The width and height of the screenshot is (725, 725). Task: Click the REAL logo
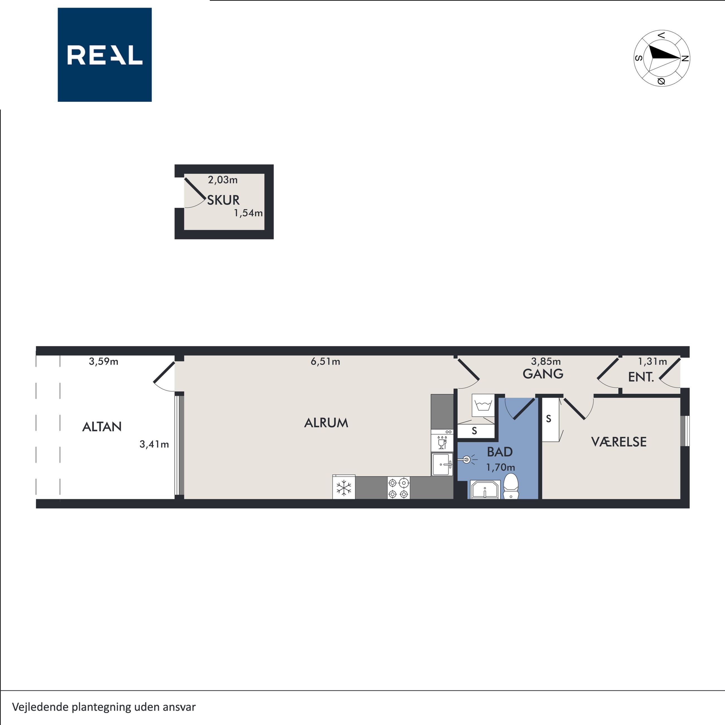(105, 55)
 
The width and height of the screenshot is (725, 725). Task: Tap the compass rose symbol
(662, 58)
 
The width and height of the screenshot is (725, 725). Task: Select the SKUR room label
(223, 200)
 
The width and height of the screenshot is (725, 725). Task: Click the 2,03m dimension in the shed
(223, 180)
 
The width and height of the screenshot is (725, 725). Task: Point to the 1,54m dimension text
(248, 213)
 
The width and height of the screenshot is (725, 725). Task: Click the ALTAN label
(102, 427)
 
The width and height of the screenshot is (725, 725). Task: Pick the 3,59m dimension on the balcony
(103, 361)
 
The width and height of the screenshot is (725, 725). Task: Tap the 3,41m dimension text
(154, 444)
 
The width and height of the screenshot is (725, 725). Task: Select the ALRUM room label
(326, 423)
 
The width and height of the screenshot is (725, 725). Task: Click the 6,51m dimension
(325, 361)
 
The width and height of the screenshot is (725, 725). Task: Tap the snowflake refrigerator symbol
(344, 487)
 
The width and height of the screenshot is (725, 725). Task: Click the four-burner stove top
(398, 488)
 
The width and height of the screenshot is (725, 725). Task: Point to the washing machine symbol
(483, 405)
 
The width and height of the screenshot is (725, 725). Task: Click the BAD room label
(500, 452)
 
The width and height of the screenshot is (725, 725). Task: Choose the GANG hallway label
(543, 374)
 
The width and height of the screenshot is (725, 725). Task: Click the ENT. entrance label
(641, 377)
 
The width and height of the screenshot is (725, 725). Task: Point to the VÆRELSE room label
(619, 442)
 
